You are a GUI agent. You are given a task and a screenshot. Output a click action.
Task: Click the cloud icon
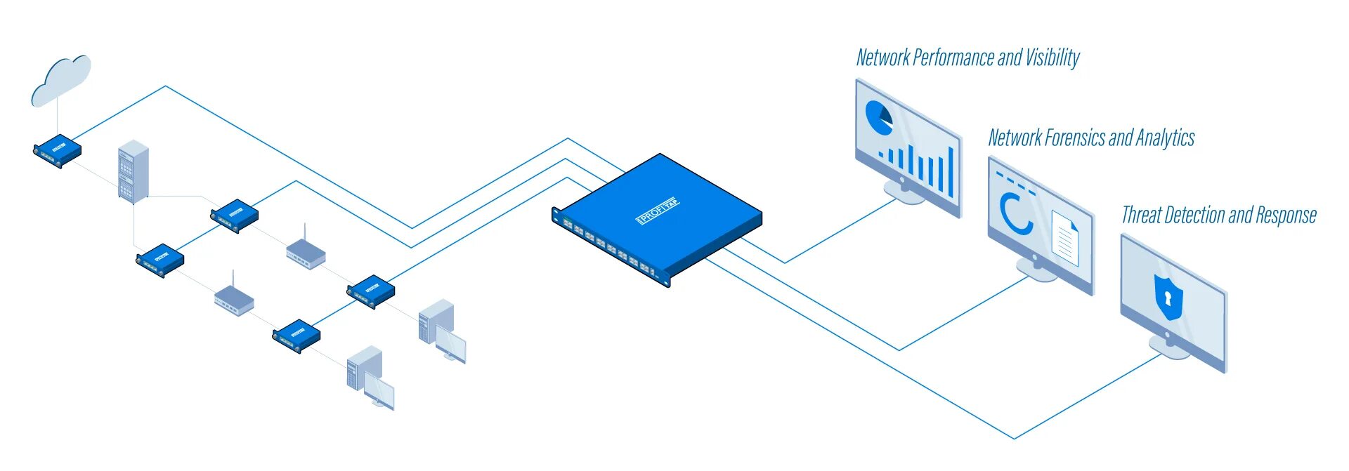click(x=61, y=79)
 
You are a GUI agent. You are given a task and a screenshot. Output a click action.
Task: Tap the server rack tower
click(x=133, y=172)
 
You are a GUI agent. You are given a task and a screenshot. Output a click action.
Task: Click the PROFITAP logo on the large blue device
click(x=658, y=210)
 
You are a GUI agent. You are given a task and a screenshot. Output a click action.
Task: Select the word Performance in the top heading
click(x=953, y=58)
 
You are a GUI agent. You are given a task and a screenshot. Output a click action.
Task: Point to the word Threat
click(x=1140, y=215)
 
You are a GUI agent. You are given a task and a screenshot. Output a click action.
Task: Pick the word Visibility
click(x=1053, y=58)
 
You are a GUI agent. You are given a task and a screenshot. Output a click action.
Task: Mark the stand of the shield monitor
click(x=1168, y=346)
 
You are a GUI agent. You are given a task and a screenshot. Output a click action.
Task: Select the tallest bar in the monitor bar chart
click(x=951, y=172)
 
